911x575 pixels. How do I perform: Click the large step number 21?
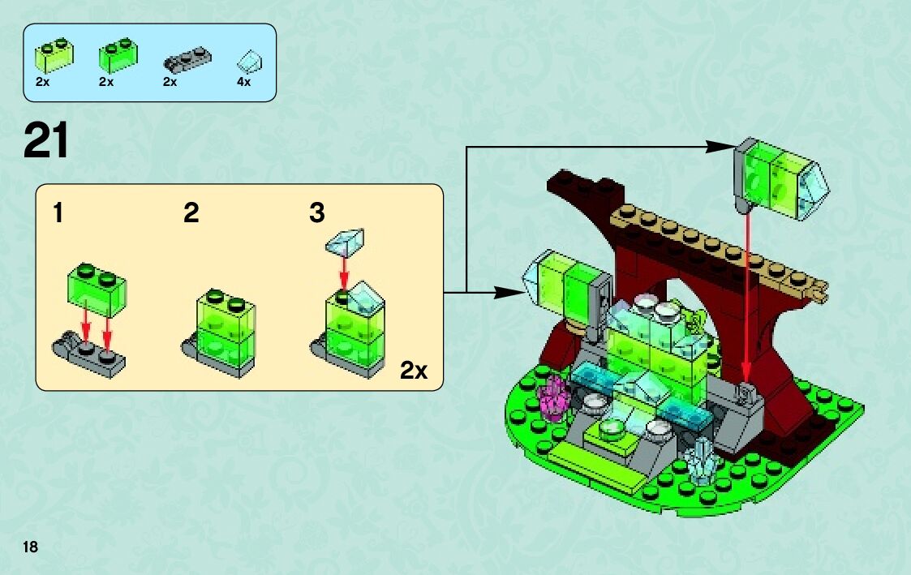pos(46,141)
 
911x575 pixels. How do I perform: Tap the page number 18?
pos(31,547)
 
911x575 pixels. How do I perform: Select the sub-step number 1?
pos(58,213)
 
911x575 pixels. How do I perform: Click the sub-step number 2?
pos(191,213)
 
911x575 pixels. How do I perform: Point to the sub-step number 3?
pos(316,213)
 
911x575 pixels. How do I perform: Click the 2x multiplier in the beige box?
pos(414,371)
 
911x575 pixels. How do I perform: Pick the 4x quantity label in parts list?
pos(243,82)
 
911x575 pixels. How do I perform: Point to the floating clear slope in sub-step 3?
pos(346,240)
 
